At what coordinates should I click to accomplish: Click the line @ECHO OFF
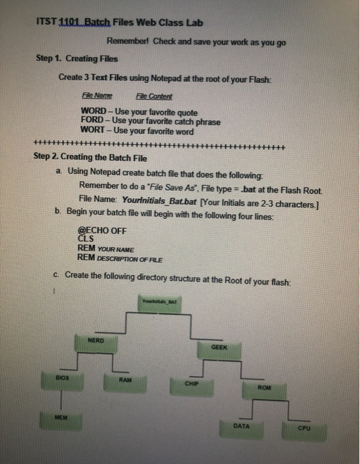point(102,231)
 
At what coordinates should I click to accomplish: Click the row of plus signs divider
point(159,146)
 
